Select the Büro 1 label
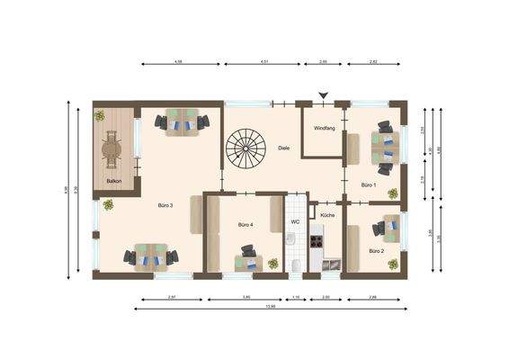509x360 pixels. point(369,184)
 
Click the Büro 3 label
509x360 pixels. point(165,205)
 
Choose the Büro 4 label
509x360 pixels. point(246,224)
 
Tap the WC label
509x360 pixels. point(294,220)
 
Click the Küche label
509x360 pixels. point(327,216)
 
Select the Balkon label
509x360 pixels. point(114,181)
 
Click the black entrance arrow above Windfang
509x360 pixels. point(324,95)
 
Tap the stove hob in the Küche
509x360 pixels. point(316,241)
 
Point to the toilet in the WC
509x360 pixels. point(296,264)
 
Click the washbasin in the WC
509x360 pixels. point(291,239)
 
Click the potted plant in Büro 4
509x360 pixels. point(272,263)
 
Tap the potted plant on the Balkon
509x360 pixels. point(100,115)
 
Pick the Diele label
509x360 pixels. point(283,148)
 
